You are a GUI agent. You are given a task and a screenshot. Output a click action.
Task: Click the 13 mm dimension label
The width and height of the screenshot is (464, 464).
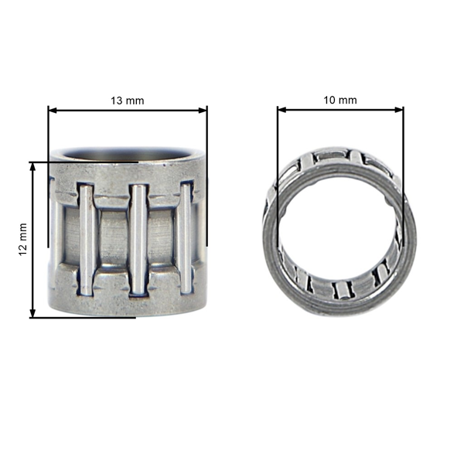(128, 101)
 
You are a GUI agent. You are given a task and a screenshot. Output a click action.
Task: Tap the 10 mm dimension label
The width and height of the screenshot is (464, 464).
(340, 101)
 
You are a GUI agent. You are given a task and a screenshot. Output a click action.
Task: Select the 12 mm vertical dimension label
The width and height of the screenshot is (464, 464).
(22, 240)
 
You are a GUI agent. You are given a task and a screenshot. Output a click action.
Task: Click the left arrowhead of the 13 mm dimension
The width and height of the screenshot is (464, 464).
(53, 111)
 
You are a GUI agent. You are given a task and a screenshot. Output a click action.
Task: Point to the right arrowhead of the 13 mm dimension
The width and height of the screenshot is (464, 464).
(203, 111)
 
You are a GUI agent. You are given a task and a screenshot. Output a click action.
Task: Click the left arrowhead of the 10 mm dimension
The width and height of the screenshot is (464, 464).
(282, 110)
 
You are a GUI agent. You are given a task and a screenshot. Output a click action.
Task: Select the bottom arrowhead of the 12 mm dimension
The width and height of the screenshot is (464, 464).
(32, 313)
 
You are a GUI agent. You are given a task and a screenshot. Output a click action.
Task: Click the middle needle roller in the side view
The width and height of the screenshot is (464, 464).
(138, 240)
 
